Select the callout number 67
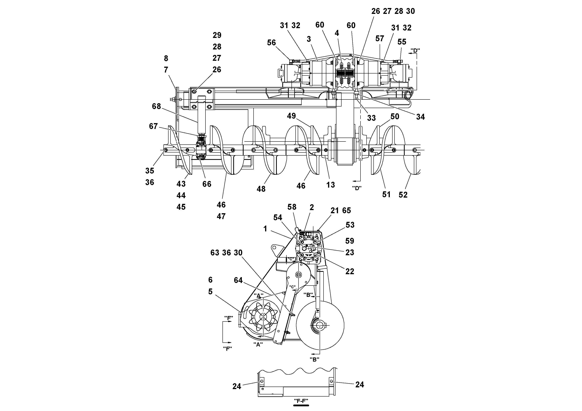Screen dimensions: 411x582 (153, 126)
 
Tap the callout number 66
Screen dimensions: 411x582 (207, 184)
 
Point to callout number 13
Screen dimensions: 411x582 (331, 185)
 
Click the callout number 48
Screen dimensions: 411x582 (261, 189)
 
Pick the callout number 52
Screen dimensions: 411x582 (403, 195)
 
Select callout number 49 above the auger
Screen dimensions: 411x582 (291, 116)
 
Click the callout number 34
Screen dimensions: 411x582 (421, 117)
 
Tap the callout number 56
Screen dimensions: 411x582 (272, 43)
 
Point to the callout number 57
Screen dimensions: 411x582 (380, 39)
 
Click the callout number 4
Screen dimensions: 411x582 (337, 33)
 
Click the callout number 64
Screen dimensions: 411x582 (238, 280)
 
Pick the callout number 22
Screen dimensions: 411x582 (350, 271)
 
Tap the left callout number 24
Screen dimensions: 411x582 (237, 386)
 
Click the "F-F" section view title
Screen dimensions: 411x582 (301, 401)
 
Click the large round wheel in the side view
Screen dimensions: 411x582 (320, 325)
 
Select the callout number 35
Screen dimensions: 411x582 (150, 171)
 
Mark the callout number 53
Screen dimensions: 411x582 (350, 225)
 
